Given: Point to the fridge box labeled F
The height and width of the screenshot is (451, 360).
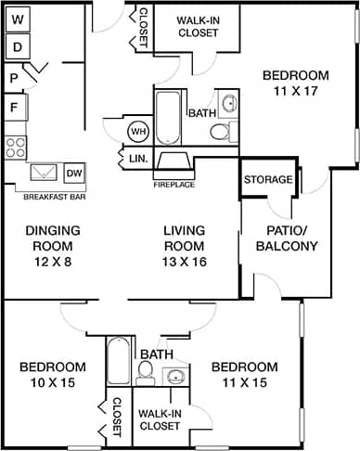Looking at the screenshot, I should (x=14, y=107).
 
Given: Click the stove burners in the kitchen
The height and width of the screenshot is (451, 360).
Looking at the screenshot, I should (x=15, y=145).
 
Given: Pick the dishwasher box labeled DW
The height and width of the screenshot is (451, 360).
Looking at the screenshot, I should (x=74, y=173).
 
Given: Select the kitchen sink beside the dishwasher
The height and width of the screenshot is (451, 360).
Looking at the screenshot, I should (x=44, y=174).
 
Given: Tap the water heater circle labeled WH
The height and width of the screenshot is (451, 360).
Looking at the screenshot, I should (x=138, y=131).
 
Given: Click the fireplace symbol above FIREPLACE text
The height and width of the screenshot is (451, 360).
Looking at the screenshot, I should (x=174, y=162).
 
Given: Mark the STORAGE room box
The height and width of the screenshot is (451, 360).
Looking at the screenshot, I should (x=268, y=179).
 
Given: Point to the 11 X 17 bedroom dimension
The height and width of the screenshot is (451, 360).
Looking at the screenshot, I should (x=295, y=92).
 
